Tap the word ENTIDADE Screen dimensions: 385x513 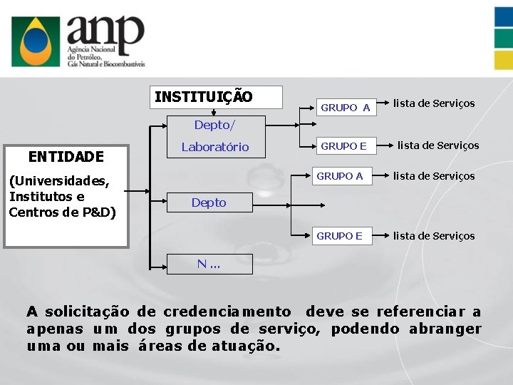click(x=66, y=156)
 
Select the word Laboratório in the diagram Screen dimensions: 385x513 click(x=215, y=147)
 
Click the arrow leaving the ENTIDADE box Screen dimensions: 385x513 click(x=139, y=191)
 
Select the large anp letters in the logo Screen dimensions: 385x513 click(x=105, y=31)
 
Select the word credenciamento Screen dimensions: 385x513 click(x=227, y=312)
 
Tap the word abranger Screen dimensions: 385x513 click(x=445, y=329)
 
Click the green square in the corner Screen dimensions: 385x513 click(x=504, y=38)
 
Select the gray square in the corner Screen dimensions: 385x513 click(x=504, y=60)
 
